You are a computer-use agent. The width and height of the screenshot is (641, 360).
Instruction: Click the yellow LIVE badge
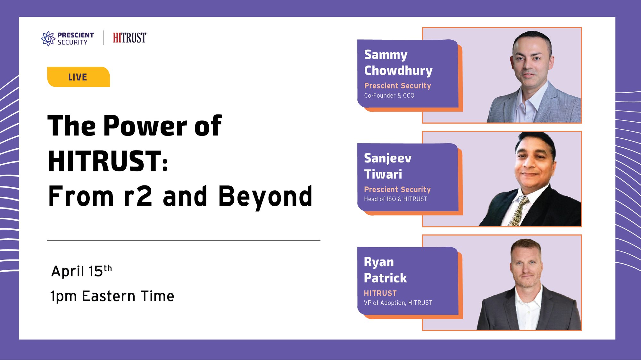tap(79, 77)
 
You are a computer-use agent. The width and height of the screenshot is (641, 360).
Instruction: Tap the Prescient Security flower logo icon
tap(48, 38)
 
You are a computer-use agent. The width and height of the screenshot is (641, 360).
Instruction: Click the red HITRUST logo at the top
tap(130, 38)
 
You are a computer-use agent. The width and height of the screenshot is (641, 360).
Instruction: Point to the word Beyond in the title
tap(265, 196)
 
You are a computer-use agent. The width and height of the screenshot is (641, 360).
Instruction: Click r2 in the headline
tap(138, 197)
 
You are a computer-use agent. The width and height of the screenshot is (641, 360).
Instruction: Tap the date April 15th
tap(81, 271)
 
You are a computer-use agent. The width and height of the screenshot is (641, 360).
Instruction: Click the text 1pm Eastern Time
tap(112, 296)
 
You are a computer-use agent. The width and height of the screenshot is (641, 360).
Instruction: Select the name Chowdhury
tap(398, 71)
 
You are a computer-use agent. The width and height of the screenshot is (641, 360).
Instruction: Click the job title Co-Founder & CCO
tap(389, 95)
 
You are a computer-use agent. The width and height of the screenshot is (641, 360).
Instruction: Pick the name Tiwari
tap(383, 174)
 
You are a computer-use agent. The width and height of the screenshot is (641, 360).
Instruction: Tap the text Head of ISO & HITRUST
tap(395, 199)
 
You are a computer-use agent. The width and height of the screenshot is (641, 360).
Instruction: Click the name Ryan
tap(379, 262)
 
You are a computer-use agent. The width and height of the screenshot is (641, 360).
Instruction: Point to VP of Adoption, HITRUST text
tap(398, 303)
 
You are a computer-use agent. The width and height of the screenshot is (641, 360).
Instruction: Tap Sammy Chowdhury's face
tap(531, 61)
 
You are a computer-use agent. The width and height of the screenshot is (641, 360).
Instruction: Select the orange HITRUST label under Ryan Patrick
tap(380, 293)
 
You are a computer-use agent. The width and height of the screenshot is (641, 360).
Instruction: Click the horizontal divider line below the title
tap(184, 241)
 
